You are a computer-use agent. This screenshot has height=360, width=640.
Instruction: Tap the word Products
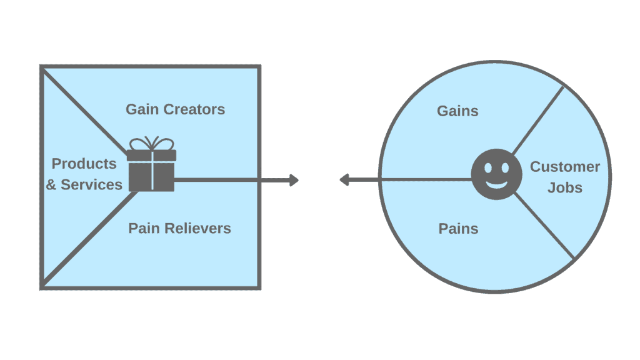click(x=84, y=164)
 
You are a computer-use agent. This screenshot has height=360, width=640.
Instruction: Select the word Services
click(x=91, y=185)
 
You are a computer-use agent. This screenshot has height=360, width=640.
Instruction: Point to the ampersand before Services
click(x=51, y=185)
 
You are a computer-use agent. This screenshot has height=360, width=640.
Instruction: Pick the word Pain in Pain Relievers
click(x=144, y=229)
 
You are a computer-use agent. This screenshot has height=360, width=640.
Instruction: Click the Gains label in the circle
click(x=457, y=111)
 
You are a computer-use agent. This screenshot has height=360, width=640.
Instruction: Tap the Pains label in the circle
click(x=458, y=229)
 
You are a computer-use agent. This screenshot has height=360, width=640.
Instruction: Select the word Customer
click(x=565, y=166)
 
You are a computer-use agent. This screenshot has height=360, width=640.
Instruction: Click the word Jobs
click(x=565, y=187)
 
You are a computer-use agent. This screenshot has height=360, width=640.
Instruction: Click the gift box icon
click(x=151, y=164)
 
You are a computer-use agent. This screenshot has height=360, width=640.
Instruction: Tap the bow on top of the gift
click(x=151, y=144)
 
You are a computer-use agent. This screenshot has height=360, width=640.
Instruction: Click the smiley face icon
click(x=496, y=174)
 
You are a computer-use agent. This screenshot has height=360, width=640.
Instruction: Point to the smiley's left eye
click(x=487, y=167)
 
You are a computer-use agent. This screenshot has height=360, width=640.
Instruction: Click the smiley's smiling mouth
click(x=496, y=184)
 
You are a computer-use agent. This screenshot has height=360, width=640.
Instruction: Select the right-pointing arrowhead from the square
click(x=294, y=180)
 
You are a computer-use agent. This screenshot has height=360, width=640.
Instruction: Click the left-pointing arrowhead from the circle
click(x=344, y=179)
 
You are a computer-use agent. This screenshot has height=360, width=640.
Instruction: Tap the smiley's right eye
click(x=505, y=167)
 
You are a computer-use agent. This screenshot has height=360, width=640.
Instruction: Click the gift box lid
click(x=151, y=156)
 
